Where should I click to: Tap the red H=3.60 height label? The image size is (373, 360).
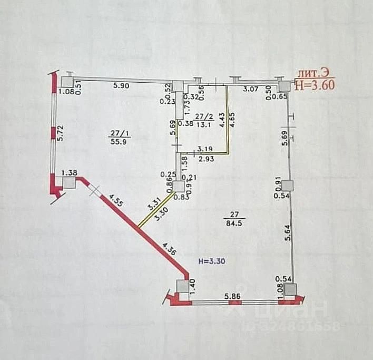[x=315, y=84]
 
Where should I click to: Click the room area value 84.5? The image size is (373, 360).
[x=233, y=222]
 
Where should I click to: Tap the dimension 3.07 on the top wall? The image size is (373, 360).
[x=250, y=89]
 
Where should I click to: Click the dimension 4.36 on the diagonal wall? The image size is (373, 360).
[x=171, y=249]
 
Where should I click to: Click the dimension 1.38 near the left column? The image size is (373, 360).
[x=70, y=172]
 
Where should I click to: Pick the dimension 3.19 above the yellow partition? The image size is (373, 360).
[x=205, y=150]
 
